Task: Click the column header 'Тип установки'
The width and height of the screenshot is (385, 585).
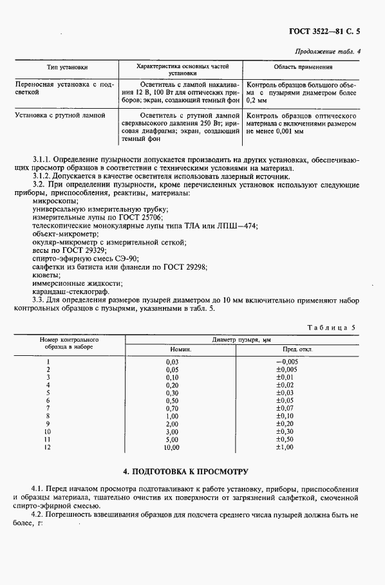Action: [67, 67]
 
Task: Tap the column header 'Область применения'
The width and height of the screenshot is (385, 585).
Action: [303, 67]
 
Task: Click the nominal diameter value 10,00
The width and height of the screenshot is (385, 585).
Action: [171, 447]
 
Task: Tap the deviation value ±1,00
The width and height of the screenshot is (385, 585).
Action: [285, 447]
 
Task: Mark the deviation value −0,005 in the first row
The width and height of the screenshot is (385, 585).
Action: [286, 362]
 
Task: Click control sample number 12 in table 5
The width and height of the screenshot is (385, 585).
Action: [47, 447]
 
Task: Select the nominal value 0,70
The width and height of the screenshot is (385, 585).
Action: [172, 408]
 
